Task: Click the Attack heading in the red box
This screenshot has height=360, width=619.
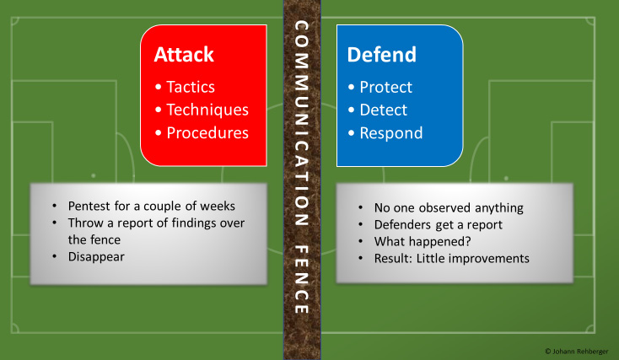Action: pos(184,55)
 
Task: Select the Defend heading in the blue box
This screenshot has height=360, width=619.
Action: pos(382,55)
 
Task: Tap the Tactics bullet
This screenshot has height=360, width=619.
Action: pos(190,87)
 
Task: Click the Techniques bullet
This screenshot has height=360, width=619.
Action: pos(207,110)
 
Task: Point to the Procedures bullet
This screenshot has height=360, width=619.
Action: pos(207,132)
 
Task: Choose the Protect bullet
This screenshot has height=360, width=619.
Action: pos(385,87)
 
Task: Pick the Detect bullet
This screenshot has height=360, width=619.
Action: pos(383,110)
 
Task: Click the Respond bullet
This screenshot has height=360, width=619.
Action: pos(390,132)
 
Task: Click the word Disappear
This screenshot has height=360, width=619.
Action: pos(97,255)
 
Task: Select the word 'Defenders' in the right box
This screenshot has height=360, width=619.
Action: pos(404,224)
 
